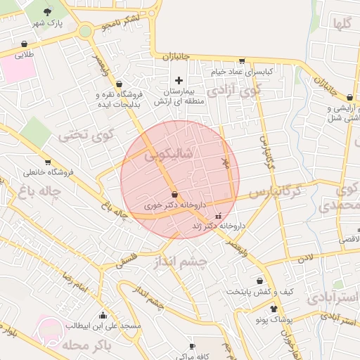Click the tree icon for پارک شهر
[48, 12]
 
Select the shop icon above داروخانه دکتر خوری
[174, 194]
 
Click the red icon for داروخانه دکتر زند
[218, 216]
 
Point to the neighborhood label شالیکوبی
[164, 155]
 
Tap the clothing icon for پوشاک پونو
[273, 309]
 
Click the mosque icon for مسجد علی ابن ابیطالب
[103, 315]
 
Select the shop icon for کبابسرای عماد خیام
[243, 61]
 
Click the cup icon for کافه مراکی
[192, 346]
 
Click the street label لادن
[304, 259]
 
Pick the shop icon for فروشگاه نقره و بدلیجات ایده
[118, 84]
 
